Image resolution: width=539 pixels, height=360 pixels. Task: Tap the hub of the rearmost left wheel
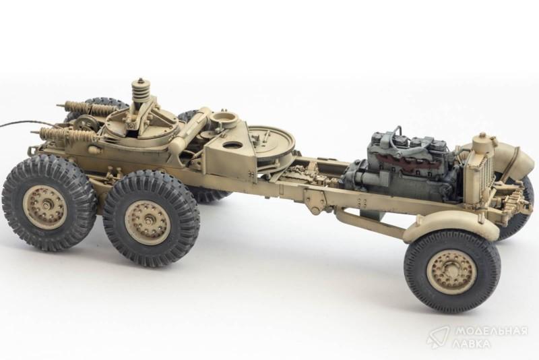coord(46,208)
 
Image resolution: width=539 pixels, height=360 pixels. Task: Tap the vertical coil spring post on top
coord(139,92)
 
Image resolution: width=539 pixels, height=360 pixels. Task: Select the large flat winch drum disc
coord(272,141)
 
